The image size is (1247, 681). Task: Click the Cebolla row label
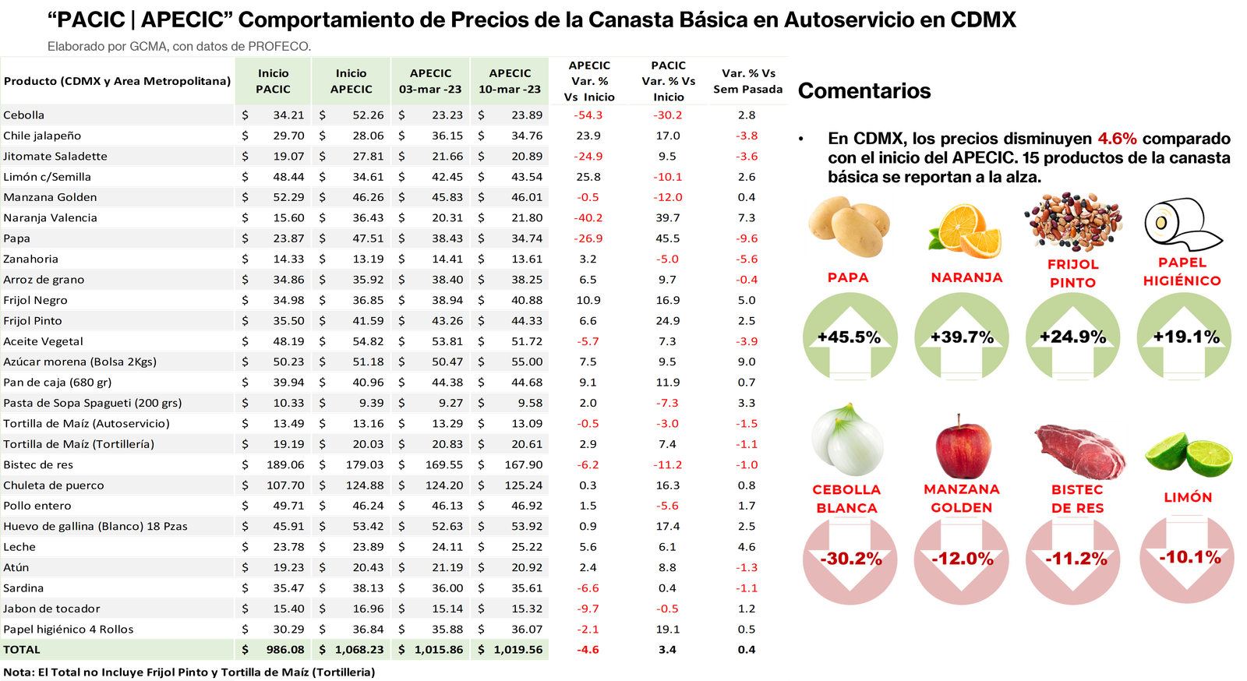point(24,115)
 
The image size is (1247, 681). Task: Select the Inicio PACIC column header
point(273,81)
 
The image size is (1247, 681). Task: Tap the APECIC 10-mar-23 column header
point(510,81)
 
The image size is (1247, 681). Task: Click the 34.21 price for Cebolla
point(288,115)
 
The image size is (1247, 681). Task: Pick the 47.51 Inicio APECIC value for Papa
point(368,238)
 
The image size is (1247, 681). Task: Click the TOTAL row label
point(22,650)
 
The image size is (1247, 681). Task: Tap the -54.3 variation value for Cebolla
point(588,115)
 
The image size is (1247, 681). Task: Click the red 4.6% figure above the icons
point(1118,139)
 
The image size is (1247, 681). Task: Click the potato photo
point(848,226)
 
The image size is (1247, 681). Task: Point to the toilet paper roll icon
point(1181,224)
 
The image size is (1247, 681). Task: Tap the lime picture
point(1189,456)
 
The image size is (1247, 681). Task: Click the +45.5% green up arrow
point(850,337)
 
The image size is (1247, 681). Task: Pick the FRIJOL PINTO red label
point(1073,273)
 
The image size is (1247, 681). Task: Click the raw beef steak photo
point(1079,452)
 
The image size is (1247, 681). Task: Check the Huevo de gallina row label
point(95,527)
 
